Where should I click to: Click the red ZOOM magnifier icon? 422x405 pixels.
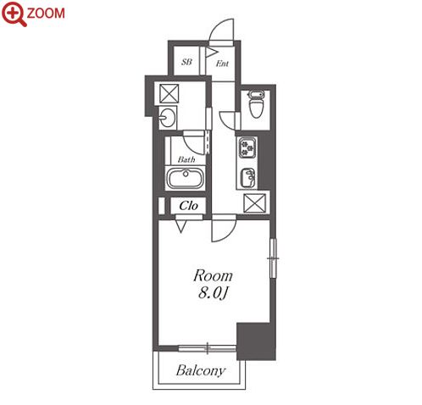pos(14,14)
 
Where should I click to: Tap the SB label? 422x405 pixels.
pos(186,62)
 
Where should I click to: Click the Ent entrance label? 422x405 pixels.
pos(222,64)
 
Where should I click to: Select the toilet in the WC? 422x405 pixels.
pos(256,103)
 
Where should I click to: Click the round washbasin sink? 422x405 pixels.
pos(167,118)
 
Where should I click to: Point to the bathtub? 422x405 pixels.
pos(186,178)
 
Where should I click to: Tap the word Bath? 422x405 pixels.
pos(186,159)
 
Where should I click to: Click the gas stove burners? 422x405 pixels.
pos(247,147)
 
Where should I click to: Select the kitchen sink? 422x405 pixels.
pos(248,178)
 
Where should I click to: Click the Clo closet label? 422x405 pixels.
pos(188,206)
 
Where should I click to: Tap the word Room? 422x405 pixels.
pos(213,275)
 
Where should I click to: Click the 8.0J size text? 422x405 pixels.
pos(213,293)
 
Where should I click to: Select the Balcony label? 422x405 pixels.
pos(201,370)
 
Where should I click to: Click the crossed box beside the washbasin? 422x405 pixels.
pos(169,93)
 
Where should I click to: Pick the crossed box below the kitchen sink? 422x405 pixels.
pos(254,202)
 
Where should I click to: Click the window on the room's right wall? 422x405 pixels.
pos(273,258)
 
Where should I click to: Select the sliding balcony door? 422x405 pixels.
pos(208,348)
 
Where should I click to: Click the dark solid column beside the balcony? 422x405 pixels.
pos(256,341)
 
